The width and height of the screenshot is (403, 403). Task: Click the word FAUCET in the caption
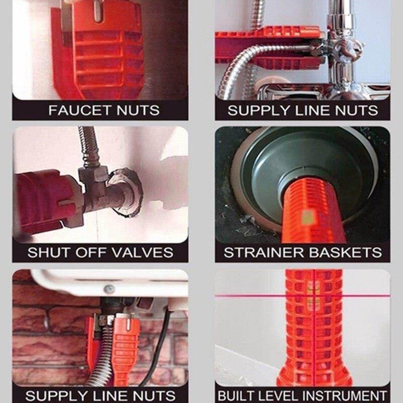click(80, 110)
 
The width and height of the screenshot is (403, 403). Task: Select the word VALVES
click(143, 252)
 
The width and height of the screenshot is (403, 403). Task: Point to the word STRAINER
click(264, 252)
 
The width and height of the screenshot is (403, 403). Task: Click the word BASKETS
click(346, 252)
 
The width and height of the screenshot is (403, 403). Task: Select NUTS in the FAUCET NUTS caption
click(138, 110)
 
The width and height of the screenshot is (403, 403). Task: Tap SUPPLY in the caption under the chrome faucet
click(259, 110)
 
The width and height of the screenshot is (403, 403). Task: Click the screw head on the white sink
click(109, 289)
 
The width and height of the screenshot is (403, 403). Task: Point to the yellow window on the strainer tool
click(308, 217)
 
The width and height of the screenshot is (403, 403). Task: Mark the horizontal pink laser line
click(303, 296)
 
